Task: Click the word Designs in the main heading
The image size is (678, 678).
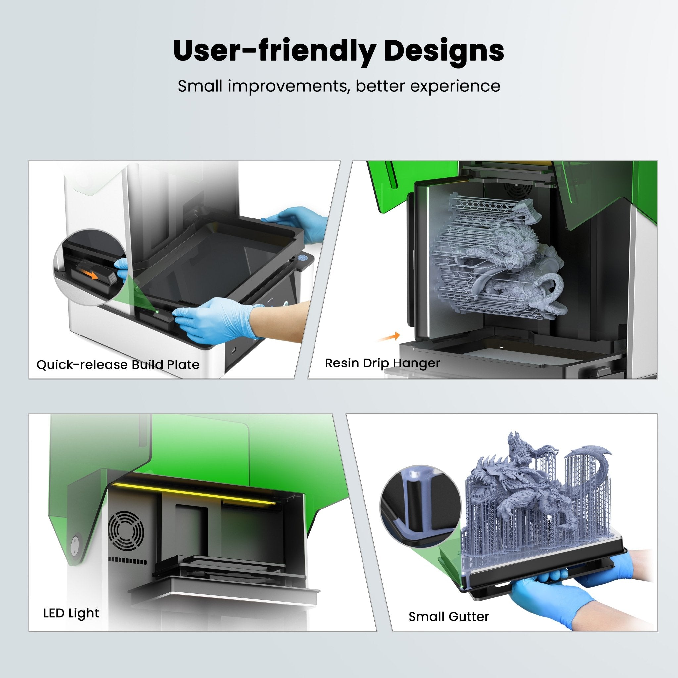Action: pyautogui.click(x=444, y=51)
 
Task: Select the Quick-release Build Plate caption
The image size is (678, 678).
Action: pyautogui.click(x=118, y=364)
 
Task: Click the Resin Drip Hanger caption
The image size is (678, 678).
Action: pyautogui.click(x=382, y=363)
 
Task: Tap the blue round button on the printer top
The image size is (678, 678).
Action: pyautogui.click(x=302, y=257)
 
